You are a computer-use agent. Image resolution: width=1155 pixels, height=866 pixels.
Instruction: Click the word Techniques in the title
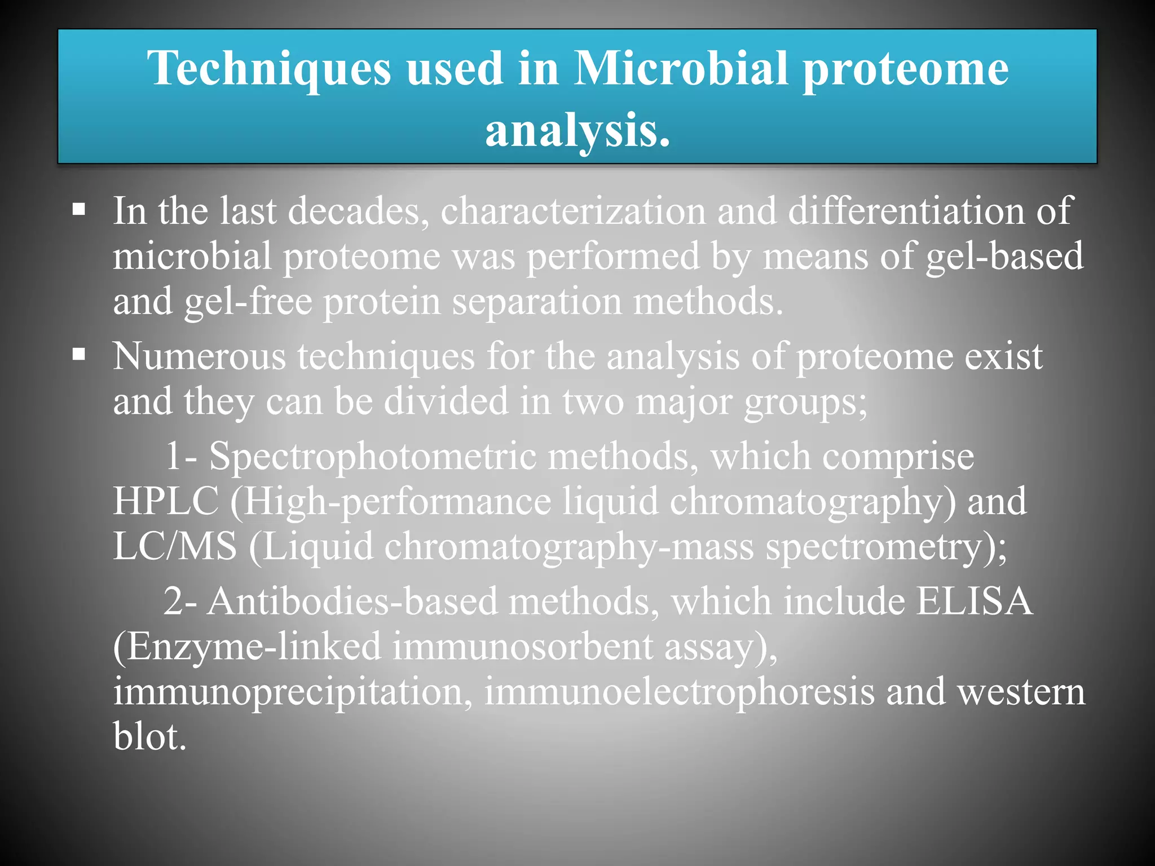(x=269, y=69)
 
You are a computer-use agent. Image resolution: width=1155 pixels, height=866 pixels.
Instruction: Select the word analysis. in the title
(x=577, y=131)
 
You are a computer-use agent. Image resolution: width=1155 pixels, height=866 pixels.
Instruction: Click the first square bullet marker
(x=79, y=211)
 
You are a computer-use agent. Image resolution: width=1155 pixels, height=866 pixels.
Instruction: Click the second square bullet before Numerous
(x=79, y=355)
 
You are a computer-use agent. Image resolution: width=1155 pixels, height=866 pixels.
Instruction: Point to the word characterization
(x=573, y=212)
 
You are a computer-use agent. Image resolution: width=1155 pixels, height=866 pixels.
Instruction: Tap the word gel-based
(x=1004, y=257)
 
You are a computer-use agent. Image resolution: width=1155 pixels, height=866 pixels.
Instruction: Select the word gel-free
(x=248, y=302)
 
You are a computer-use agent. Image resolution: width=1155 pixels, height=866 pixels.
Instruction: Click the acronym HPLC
(x=165, y=502)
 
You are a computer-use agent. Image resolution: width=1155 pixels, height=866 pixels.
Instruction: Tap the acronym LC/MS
(x=174, y=547)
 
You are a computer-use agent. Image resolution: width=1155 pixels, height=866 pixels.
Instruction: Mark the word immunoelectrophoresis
(x=679, y=692)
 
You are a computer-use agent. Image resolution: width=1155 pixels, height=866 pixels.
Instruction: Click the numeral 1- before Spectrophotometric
(x=180, y=457)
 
